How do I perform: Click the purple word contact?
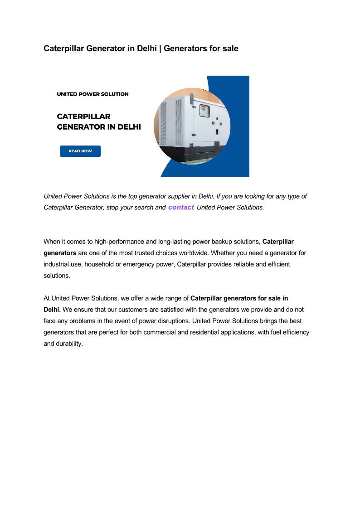(x=181, y=207)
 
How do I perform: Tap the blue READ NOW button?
(x=80, y=151)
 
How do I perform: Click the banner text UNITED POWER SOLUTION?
(x=92, y=94)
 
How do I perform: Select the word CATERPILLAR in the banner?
(x=83, y=116)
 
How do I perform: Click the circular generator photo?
(x=192, y=126)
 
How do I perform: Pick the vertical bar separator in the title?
(x=161, y=48)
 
